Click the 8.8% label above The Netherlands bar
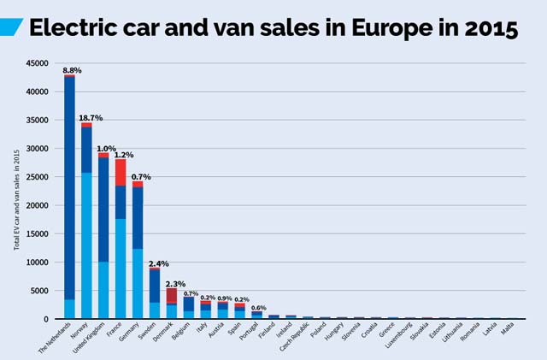point(72,70)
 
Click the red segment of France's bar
point(121,172)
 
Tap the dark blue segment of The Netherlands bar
point(69,187)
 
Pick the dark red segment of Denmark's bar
point(171,295)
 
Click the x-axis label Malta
point(507,329)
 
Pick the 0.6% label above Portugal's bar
point(258,307)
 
